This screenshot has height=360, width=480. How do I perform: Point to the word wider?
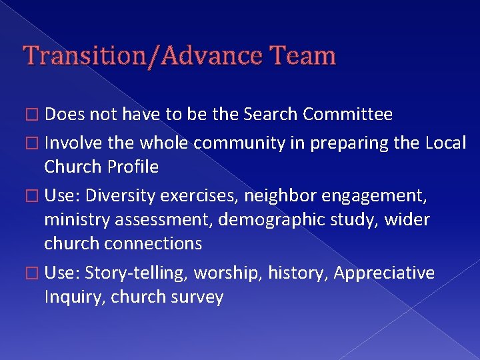[x=409, y=219]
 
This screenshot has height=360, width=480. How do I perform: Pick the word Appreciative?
[x=384, y=273]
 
